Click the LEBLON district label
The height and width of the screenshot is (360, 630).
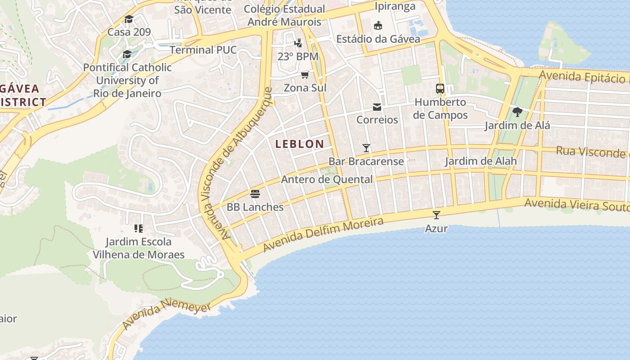299,144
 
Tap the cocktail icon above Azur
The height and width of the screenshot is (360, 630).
436,215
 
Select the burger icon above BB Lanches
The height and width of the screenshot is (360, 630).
255,194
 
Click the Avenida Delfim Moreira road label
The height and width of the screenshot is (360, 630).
323,234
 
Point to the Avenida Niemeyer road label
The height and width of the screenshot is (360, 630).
166,315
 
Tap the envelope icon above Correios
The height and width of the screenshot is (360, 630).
377,107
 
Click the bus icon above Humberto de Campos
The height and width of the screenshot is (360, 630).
440,89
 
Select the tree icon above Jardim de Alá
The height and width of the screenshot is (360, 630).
517,112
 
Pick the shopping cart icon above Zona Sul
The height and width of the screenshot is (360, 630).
305,75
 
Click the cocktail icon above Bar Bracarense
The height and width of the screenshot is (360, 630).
366,148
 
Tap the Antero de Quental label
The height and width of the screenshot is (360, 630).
327,180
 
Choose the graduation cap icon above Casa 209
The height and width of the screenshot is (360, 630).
129,19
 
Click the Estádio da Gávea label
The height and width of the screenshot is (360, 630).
378,39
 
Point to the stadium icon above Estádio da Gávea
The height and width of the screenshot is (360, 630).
378,26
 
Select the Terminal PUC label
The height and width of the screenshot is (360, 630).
203,49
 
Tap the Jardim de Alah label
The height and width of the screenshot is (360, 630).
481,161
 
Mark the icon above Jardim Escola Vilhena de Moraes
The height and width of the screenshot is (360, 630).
138,229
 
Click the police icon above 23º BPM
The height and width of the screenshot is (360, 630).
297,43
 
